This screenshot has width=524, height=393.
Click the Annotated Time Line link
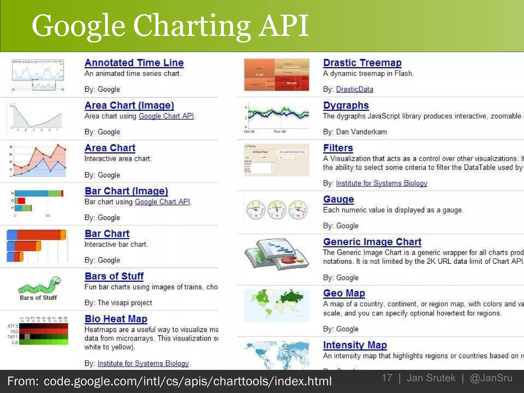tap(134, 63)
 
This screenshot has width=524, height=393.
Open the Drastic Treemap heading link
tap(362, 63)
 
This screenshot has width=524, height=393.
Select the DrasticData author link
tap(355, 89)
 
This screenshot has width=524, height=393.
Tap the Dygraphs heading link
tap(346, 105)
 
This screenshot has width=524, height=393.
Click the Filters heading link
tap(338, 148)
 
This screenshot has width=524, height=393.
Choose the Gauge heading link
tap(339, 199)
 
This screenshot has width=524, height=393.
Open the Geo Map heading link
tap(344, 293)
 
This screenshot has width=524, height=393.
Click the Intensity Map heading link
tap(355, 345)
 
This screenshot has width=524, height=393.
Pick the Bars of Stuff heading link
tap(114, 276)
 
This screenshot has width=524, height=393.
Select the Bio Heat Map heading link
tap(116, 319)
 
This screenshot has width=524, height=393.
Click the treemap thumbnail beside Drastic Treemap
tap(277, 75)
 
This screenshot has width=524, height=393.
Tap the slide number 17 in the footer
tap(387, 378)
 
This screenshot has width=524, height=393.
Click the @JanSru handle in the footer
tap(491, 378)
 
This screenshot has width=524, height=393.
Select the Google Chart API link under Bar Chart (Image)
tap(162, 202)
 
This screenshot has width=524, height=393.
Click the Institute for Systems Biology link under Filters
tap(381, 183)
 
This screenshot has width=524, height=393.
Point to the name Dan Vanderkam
tap(361, 132)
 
